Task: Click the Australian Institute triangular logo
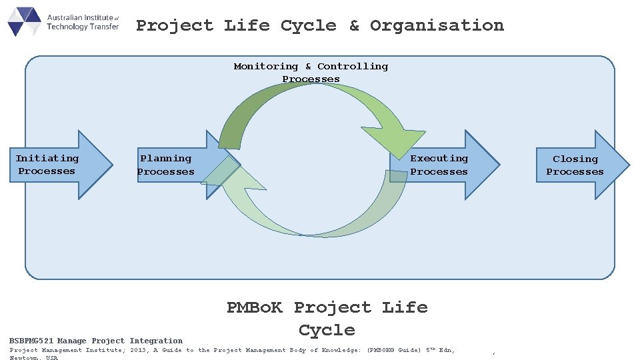(25, 21)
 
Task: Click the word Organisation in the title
(437, 26)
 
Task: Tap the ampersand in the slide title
(354, 26)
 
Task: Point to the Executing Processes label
(439, 165)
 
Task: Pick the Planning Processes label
(165, 165)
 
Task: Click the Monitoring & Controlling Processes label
(311, 73)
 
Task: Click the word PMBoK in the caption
(255, 307)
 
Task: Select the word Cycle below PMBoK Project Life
(327, 330)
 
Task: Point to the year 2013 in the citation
(138, 350)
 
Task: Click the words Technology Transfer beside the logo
(83, 27)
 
